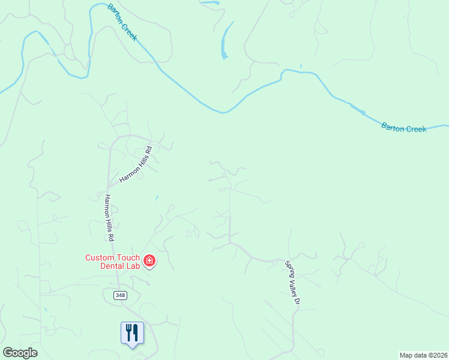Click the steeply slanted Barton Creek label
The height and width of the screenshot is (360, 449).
tap(122, 22)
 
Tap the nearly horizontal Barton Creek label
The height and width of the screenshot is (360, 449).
tap(403, 128)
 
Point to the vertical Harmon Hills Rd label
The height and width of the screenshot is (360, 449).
tap(110, 218)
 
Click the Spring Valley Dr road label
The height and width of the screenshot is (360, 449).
tap(291, 283)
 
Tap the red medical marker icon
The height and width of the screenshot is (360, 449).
tap(149, 261)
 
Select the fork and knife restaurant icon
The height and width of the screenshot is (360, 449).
tap(132, 333)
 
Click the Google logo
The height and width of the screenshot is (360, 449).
tap(20, 353)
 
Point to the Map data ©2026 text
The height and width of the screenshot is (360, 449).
tap(423, 355)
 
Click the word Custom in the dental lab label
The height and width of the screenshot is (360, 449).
tap(98, 257)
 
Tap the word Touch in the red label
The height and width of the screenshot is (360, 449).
tap(126, 257)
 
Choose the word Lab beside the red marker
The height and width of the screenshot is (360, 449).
tap(133, 266)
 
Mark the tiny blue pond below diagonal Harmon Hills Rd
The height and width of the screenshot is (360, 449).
tap(156, 197)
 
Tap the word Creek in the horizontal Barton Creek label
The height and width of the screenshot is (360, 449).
tap(414, 128)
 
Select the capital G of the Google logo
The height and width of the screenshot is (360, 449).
tap(7, 353)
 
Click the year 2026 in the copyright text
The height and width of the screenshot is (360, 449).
tap(439, 355)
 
